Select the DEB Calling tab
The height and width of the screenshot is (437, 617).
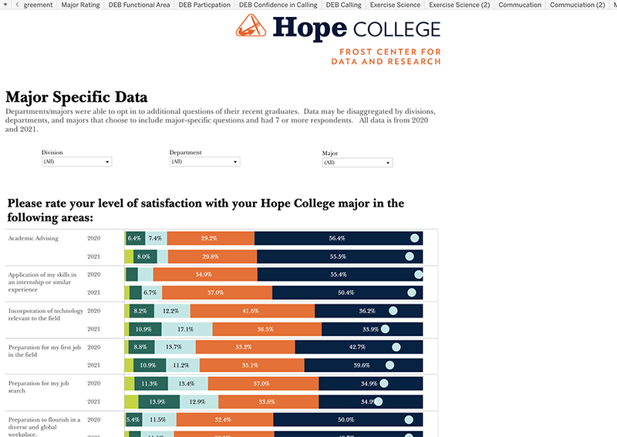point(343,5)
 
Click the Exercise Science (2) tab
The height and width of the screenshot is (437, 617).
point(459,5)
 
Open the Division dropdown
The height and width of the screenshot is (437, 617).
point(76,162)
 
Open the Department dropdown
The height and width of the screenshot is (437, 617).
point(204,162)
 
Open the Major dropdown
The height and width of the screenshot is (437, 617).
point(357,163)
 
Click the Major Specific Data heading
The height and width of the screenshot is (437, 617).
point(76,97)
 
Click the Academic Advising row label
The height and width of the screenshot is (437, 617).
point(33,238)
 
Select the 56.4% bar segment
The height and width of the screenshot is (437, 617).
point(338,238)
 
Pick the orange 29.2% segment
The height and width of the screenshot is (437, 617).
point(210,238)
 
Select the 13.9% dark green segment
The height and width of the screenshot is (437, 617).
point(158,402)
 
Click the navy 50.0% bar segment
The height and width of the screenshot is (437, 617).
point(347,420)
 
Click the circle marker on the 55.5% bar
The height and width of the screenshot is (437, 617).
point(412,257)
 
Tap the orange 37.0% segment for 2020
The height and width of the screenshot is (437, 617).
point(262,383)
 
